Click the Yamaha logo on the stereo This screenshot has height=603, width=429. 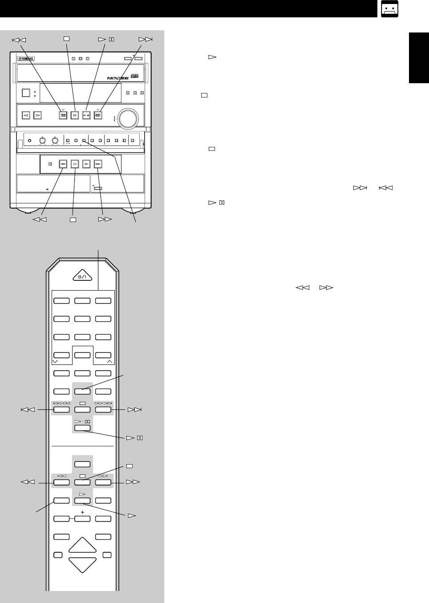click(26, 59)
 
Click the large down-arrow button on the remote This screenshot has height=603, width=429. click(82, 564)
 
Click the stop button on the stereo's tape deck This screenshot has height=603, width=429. click(75, 164)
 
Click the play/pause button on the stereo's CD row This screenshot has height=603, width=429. click(86, 115)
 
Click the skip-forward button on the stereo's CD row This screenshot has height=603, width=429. click(98, 115)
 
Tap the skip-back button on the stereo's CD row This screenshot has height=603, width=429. click(63, 115)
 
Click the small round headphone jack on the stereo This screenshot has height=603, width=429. click(29, 141)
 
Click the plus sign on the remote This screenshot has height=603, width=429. click(82, 512)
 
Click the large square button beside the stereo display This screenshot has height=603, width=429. click(26, 93)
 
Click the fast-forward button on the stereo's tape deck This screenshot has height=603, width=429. click(98, 164)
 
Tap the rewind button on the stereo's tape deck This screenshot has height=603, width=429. click(63, 164)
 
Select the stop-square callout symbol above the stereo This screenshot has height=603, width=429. click(66, 39)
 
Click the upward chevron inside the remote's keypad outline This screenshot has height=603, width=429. click(109, 362)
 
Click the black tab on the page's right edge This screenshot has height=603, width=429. click(419, 58)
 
